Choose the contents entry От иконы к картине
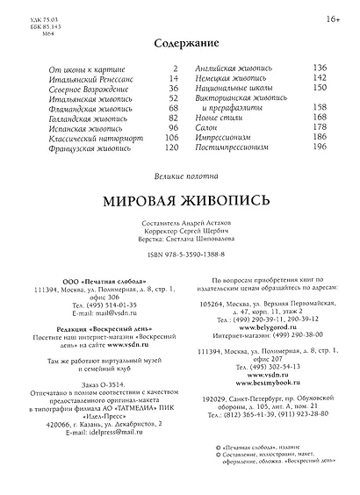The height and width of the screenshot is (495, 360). pos(83,68)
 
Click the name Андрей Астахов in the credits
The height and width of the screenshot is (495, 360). pos(207,223)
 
